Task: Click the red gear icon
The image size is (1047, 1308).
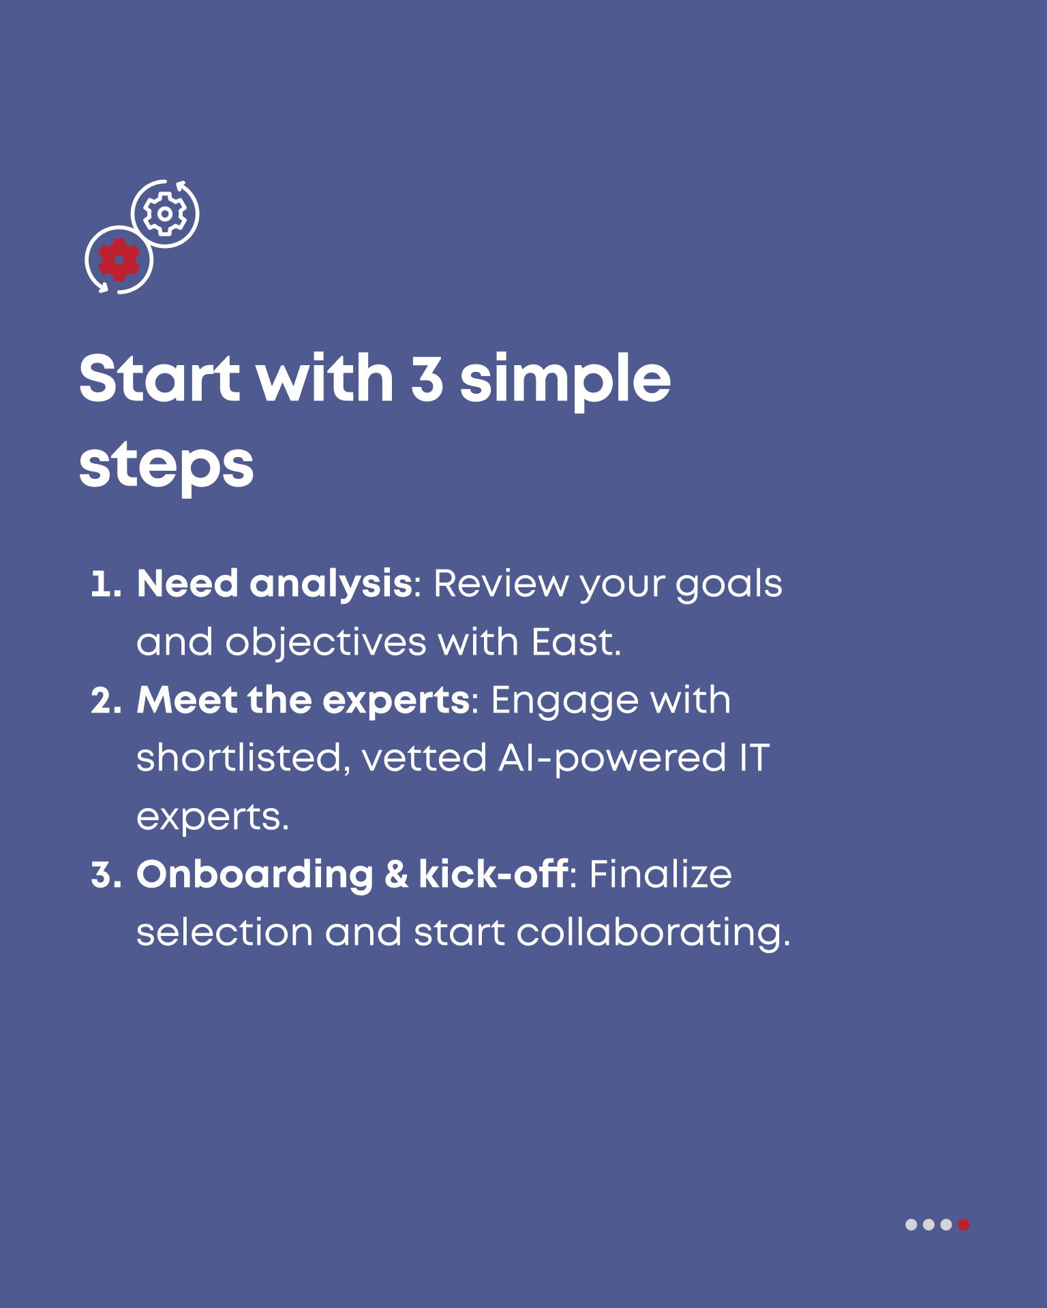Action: [x=119, y=260]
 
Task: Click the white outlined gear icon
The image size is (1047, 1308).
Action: [x=164, y=214]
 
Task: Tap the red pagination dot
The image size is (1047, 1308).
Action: [x=963, y=1224]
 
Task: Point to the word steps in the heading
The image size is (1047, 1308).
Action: [x=166, y=467]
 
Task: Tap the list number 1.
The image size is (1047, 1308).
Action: [x=106, y=585]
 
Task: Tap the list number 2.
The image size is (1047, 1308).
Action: [x=106, y=702]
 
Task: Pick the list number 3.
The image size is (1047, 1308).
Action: [x=106, y=875]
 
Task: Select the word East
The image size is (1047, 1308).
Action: [x=576, y=642]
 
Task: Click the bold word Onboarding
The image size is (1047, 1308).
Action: [x=255, y=876]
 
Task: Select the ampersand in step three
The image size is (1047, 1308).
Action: [x=396, y=875]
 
